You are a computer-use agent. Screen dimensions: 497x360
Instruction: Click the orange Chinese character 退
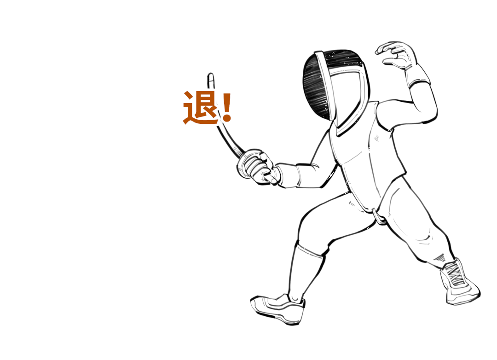coord(201,107)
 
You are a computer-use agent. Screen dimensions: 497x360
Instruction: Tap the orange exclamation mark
coord(227,108)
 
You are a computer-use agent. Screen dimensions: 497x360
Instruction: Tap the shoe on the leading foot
coord(278,309)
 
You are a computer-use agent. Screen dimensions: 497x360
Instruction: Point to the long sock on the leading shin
coord(306,272)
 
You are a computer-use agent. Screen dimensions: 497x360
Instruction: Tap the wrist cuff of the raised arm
coord(417,75)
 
